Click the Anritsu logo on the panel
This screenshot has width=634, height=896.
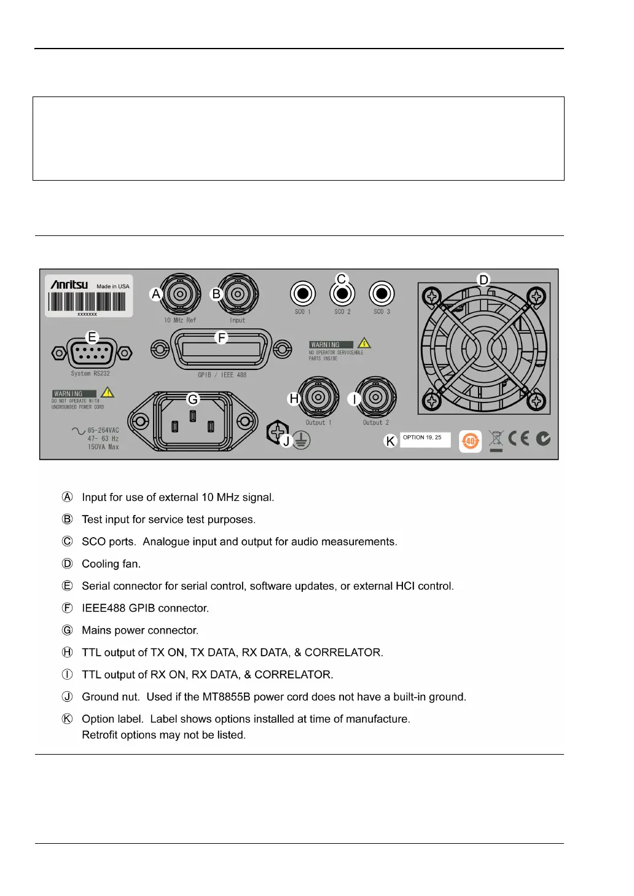(x=69, y=285)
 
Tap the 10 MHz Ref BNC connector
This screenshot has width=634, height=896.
(x=180, y=294)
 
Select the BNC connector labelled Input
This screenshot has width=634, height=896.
(x=238, y=294)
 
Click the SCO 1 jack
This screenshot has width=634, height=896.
(x=302, y=294)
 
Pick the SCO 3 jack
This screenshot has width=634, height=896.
(x=382, y=294)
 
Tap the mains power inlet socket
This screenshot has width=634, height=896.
(x=193, y=422)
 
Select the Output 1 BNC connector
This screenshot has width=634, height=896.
(x=318, y=398)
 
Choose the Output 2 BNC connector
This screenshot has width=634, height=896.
(x=375, y=398)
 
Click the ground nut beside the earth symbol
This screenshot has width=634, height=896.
(x=277, y=432)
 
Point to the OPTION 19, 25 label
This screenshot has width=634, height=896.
(x=425, y=439)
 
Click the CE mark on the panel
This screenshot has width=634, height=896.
(x=519, y=438)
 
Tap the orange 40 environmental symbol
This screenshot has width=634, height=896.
(x=470, y=441)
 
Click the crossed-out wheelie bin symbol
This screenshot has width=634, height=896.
(x=496, y=439)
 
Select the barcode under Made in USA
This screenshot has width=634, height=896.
(x=87, y=302)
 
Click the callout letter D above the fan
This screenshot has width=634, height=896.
(x=484, y=280)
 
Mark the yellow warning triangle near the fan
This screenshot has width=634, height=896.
(x=364, y=343)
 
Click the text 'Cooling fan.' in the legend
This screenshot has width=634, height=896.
(x=111, y=564)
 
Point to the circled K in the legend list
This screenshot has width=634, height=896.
(x=68, y=718)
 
